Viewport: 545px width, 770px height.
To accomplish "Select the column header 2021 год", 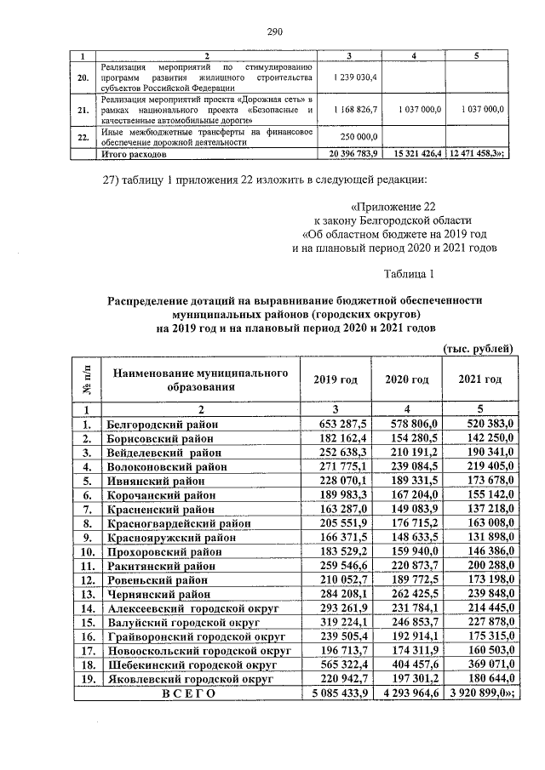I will point(479,379).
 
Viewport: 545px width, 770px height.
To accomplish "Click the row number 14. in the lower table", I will point(86,608).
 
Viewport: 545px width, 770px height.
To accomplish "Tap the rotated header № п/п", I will point(87,379).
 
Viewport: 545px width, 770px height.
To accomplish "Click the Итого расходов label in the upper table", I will point(135,156).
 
